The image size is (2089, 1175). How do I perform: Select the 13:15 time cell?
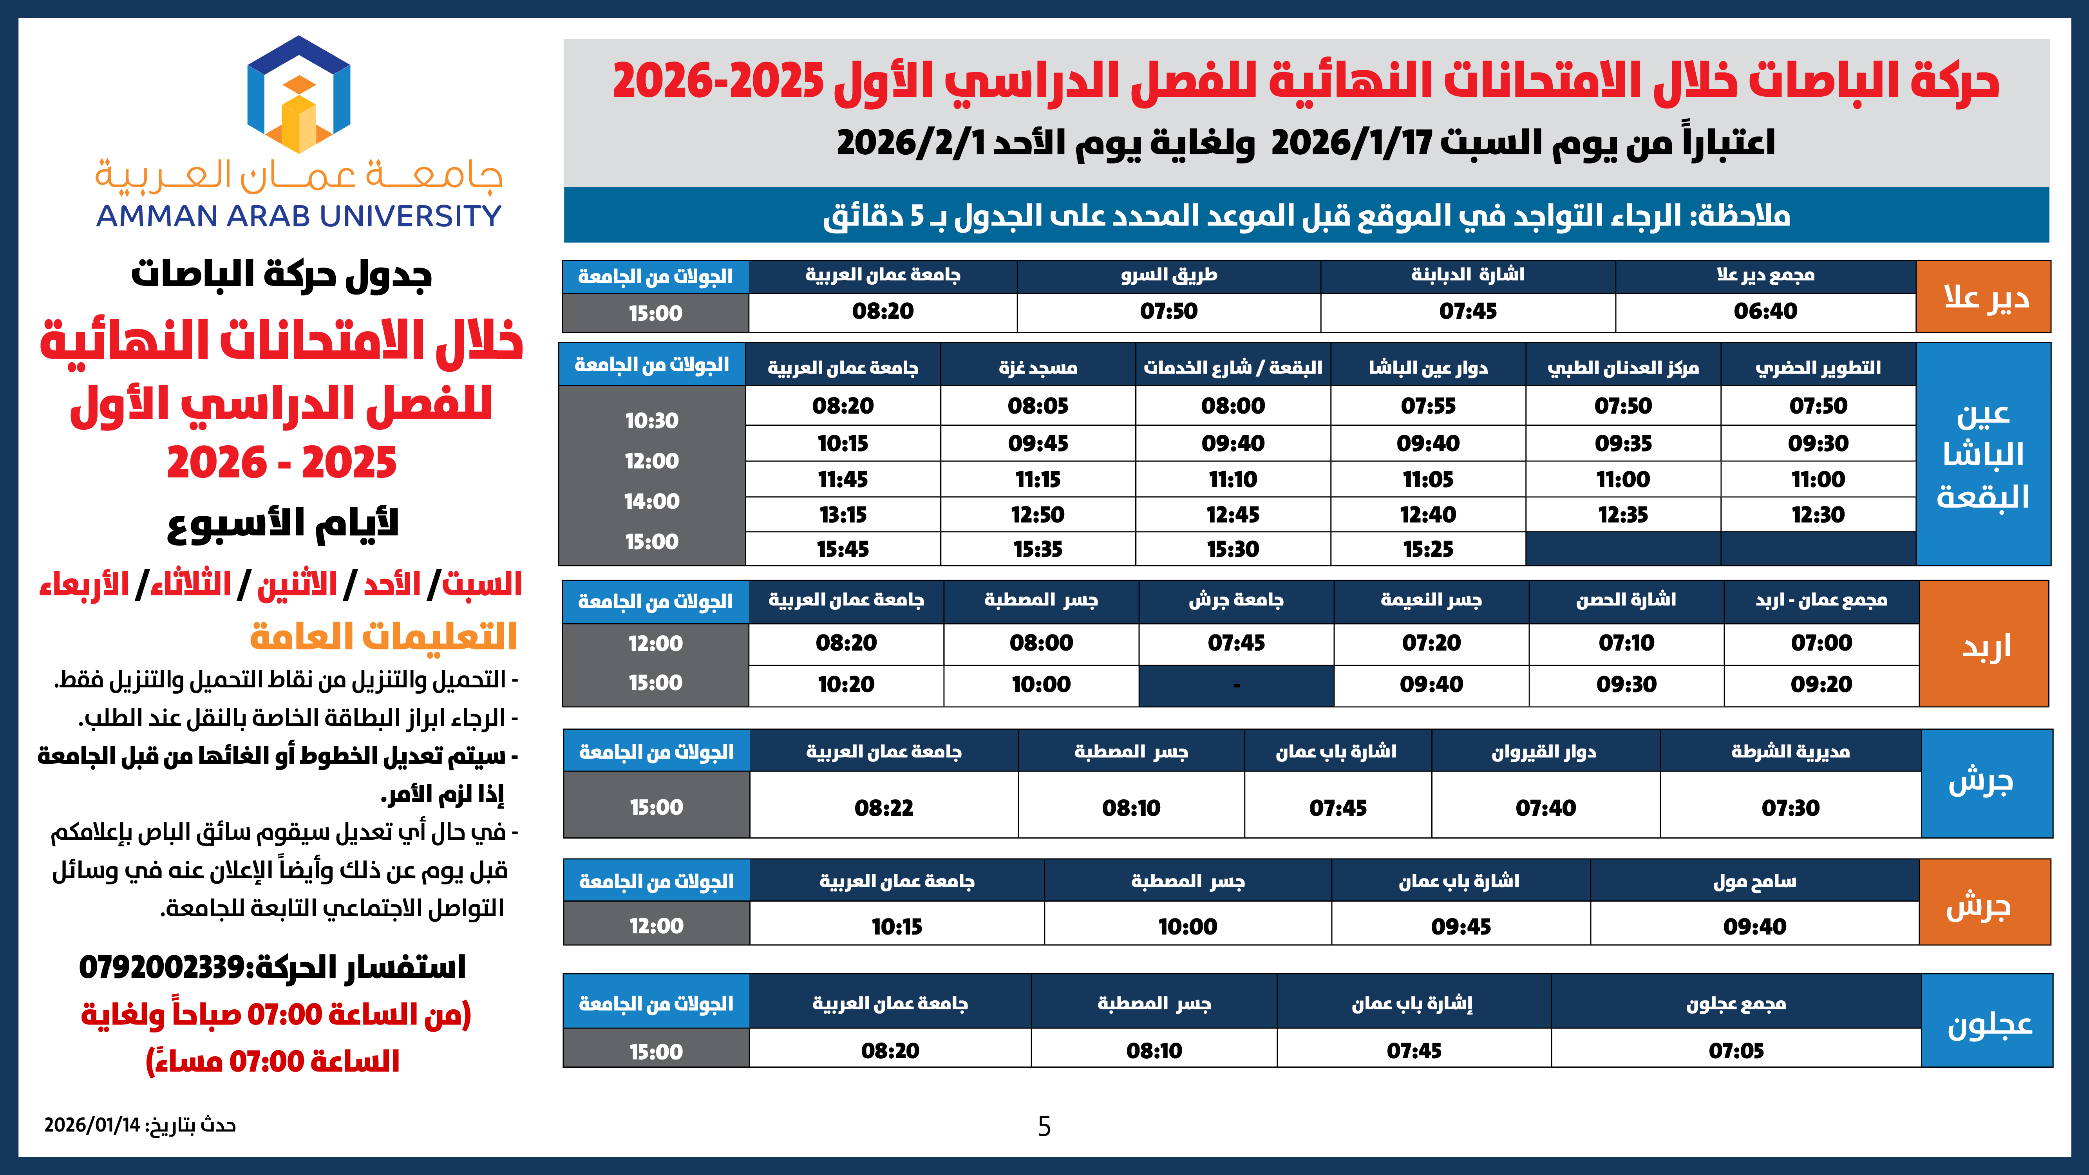pos(843,515)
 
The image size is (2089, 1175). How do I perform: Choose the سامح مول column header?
pos(1754,882)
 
